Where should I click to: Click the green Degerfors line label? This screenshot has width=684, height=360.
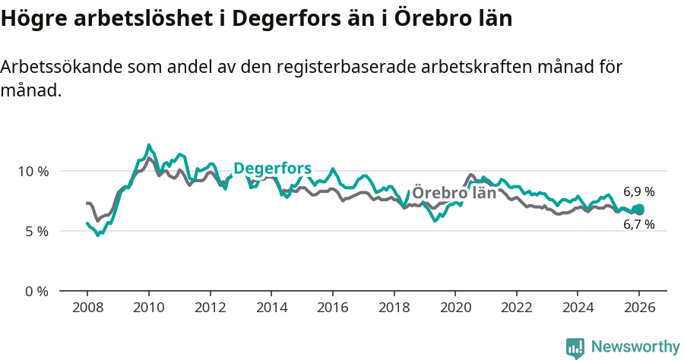pyautogui.click(x=272, y=169)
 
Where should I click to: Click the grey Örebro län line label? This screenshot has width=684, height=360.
pyautogui.click(x=454, y=193)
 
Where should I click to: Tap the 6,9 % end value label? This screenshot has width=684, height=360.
pyautogui.click(x=638, y=192)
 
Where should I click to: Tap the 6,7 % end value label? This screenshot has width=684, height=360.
pyautogui.click(x=638, y=225)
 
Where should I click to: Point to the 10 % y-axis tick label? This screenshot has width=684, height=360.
pyautogui.click(x=33, y=171)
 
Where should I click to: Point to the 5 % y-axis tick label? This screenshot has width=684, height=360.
pyautogui.click(x=36, y=231)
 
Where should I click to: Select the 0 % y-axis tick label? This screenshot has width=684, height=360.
pyautogui.click(x=36, y=291)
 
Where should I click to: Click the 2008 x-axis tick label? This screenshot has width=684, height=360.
pyautogui.click(x=87, y=308)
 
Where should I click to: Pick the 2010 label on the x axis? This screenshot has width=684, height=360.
pyautogui.click(x=148, y=308)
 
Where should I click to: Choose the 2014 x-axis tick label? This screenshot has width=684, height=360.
pyautogui.click(x=271, y=308)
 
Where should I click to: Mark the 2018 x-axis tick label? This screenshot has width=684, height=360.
pyautogui.click(x=394, y=308)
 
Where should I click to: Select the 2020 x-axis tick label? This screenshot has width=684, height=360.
pyautogui.click(x=455, y=308)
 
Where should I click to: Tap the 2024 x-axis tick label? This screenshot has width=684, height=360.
pyautogui.click(x=578, y=308)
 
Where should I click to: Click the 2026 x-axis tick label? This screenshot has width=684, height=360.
pyautogui.click(x=639, y=308)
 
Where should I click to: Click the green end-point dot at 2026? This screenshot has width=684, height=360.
pyautogui.click(x=639, y=210)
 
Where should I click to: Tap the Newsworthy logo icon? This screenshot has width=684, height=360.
pyautogui.click(x=575, y=347)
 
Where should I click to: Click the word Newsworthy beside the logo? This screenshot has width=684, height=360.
pyautogui.click(x=635, y=347)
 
